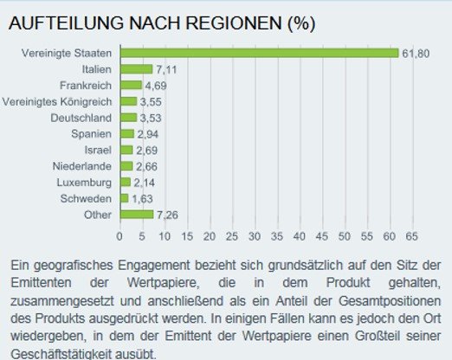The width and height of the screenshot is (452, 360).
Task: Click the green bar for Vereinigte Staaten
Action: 258,53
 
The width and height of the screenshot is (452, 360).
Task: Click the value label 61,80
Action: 413,53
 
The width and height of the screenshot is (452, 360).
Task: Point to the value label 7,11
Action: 165,69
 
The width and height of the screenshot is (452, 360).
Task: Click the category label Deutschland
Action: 81,118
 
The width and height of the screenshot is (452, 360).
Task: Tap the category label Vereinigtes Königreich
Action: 57,101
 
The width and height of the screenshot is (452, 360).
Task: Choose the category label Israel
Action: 98,150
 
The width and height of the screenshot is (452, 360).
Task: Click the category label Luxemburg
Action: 85,182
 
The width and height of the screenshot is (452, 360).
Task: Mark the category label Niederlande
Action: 82,166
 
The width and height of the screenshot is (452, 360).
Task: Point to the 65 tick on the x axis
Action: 410,235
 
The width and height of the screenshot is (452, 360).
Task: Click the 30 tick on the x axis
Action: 254,235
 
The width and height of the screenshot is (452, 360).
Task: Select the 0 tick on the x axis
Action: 119,235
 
